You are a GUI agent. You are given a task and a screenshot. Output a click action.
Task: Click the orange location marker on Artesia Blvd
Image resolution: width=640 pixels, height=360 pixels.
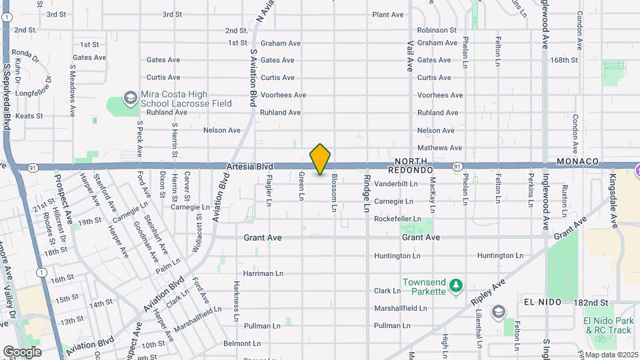pyautogui.click(x=320, y=159)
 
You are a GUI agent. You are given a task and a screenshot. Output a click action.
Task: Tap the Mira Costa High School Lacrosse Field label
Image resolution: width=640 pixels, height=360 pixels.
pyautogui.click(x=186, y=99)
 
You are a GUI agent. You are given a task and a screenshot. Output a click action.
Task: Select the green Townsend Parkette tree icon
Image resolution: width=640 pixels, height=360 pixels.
pyautogui.click(x=456, y=286)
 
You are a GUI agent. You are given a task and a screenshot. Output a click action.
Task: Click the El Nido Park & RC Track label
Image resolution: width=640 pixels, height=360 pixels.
pyautogui.click(x=607, y=325)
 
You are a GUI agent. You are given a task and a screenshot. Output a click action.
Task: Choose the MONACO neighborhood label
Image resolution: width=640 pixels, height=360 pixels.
pyautogui.click(x=579, y=162)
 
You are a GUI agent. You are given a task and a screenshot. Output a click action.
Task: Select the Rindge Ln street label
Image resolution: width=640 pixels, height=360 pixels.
pyautogui.click(x=366, y=193)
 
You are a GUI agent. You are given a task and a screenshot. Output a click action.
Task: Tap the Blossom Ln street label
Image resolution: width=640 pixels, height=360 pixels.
pyautogui.click(x=334, y=193)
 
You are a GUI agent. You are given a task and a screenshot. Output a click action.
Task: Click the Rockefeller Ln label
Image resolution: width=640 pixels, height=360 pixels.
pyautogui.click(x=397, y=219)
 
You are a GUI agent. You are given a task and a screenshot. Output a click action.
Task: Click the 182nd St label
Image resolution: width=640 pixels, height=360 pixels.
pyautogui.click(x=592, y=303)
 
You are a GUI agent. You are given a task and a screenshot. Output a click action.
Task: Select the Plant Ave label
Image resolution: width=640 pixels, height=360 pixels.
pyautogui.click(x=388, y=15)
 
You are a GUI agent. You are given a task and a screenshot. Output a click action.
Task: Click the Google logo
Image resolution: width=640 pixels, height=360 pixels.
pyautogui.click(x=21, y=352)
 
